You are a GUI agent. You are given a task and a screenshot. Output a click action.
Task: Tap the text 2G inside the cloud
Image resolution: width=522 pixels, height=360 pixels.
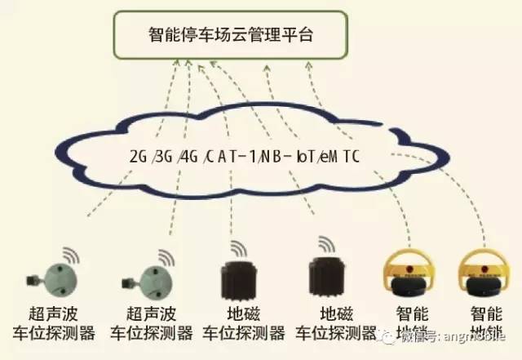[137, 156]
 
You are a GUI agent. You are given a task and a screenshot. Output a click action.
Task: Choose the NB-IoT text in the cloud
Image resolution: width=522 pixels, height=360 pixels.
[288, 156]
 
